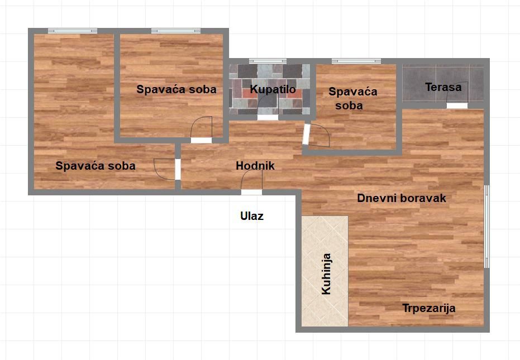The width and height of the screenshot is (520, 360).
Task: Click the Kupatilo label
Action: (x=273, y=89)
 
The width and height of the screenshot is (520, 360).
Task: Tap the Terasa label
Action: (x=443, y=87)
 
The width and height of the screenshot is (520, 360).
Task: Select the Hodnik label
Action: (x=255, y=165)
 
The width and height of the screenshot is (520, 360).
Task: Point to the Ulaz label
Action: (x=252, y=216)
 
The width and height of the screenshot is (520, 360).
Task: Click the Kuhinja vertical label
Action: (x=326, y=274)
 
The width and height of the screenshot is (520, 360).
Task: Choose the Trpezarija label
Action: (x=429, y=308)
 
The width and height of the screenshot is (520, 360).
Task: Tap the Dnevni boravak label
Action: (x=401, y=198)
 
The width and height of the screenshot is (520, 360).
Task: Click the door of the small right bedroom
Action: (x=316, y=135)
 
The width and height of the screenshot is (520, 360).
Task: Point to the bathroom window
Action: (x=268, y=61)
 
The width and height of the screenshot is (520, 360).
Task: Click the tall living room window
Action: (x=487, y=227)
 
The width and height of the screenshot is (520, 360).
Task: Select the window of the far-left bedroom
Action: (x=73, y=31)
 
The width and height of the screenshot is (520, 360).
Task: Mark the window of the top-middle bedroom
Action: (x=176, y=31)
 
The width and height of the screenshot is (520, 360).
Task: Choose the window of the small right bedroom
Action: (x=356, y=61)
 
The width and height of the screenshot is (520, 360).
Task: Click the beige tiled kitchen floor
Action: (x=325, y=271)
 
